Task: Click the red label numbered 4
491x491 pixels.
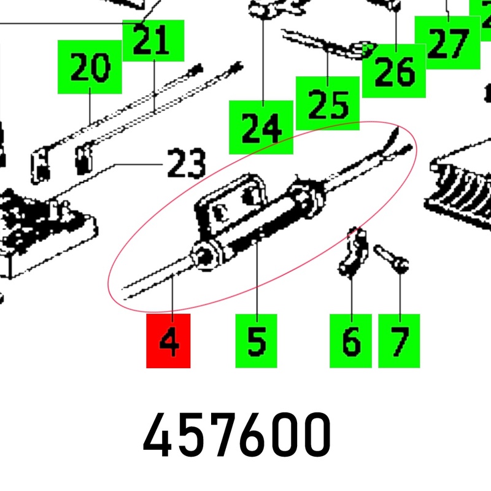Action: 168,341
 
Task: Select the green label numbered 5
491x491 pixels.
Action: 256,341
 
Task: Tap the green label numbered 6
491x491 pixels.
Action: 350,341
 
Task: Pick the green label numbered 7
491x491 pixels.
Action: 399,341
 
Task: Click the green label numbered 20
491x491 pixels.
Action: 90,67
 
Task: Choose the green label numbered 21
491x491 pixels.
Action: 153,41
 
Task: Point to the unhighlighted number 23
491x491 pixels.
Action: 187,163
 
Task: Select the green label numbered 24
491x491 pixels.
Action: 261,127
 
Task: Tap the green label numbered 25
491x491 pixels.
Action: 328,103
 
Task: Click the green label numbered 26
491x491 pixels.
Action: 394,71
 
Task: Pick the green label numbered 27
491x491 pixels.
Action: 447,42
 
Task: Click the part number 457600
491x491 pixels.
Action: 237,435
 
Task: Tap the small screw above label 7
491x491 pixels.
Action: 392,258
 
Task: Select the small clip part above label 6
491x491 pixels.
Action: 353,252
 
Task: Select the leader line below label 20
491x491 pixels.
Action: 90,106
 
